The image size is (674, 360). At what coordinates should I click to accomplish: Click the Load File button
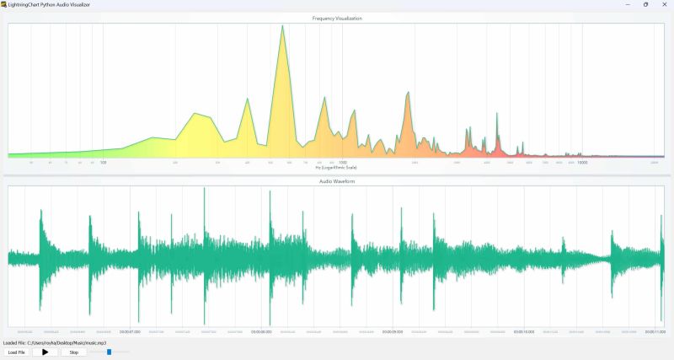(15, 352)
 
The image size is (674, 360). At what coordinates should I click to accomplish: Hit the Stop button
(73, 352)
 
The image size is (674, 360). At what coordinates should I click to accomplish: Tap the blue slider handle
(109, 352)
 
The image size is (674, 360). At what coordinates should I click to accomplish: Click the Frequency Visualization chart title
(336, 18)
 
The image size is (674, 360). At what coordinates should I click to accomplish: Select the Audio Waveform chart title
(336, 181)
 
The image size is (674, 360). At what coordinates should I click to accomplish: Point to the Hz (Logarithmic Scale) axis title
(336, 167)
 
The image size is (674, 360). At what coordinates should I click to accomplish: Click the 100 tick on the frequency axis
(103, 162)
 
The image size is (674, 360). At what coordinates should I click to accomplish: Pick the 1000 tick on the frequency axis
(343, 162)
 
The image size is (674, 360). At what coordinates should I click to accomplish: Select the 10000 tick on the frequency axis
(581, 162)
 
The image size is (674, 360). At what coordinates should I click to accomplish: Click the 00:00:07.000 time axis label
(131, 331)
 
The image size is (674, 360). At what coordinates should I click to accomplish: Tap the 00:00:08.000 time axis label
(261, 331)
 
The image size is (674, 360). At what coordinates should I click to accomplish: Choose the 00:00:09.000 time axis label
(392, 331)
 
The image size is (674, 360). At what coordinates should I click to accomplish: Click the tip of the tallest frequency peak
(282, 25)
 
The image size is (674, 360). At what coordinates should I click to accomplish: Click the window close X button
(663, 4)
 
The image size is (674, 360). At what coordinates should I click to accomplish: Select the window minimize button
(626, 4)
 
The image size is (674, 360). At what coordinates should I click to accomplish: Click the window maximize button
(645, 4)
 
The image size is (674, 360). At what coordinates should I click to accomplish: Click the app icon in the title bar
(4, 4)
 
